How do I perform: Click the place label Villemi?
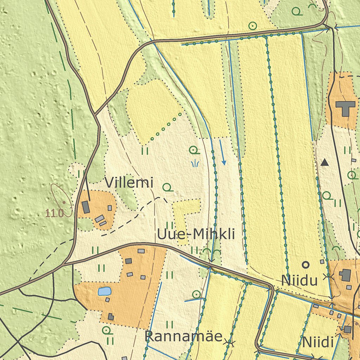tap(129, 183)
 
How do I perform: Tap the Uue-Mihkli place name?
tap(196, 234)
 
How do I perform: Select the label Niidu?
tap(300, 281)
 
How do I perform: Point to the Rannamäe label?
tap(184, 336)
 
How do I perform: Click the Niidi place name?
tap(317, 342)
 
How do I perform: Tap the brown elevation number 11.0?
tap(54, 213)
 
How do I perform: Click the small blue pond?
tap(105, 291)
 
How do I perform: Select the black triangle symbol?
tap(325, 162)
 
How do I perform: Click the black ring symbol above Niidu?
tap(306, 264)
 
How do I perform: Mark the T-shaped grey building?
tap(346, 108)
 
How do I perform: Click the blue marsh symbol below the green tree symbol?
tap(195, 163)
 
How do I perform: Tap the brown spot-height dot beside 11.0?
tap(64, 202)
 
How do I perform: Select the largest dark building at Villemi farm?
tap(86, 207)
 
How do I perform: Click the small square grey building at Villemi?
tap(110, 208)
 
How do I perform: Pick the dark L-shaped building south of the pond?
tap(111, 316)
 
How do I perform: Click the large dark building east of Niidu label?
tap(346, 275)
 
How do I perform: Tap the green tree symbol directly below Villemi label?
tap(168, 188)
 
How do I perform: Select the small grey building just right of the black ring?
tap(322, 262)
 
